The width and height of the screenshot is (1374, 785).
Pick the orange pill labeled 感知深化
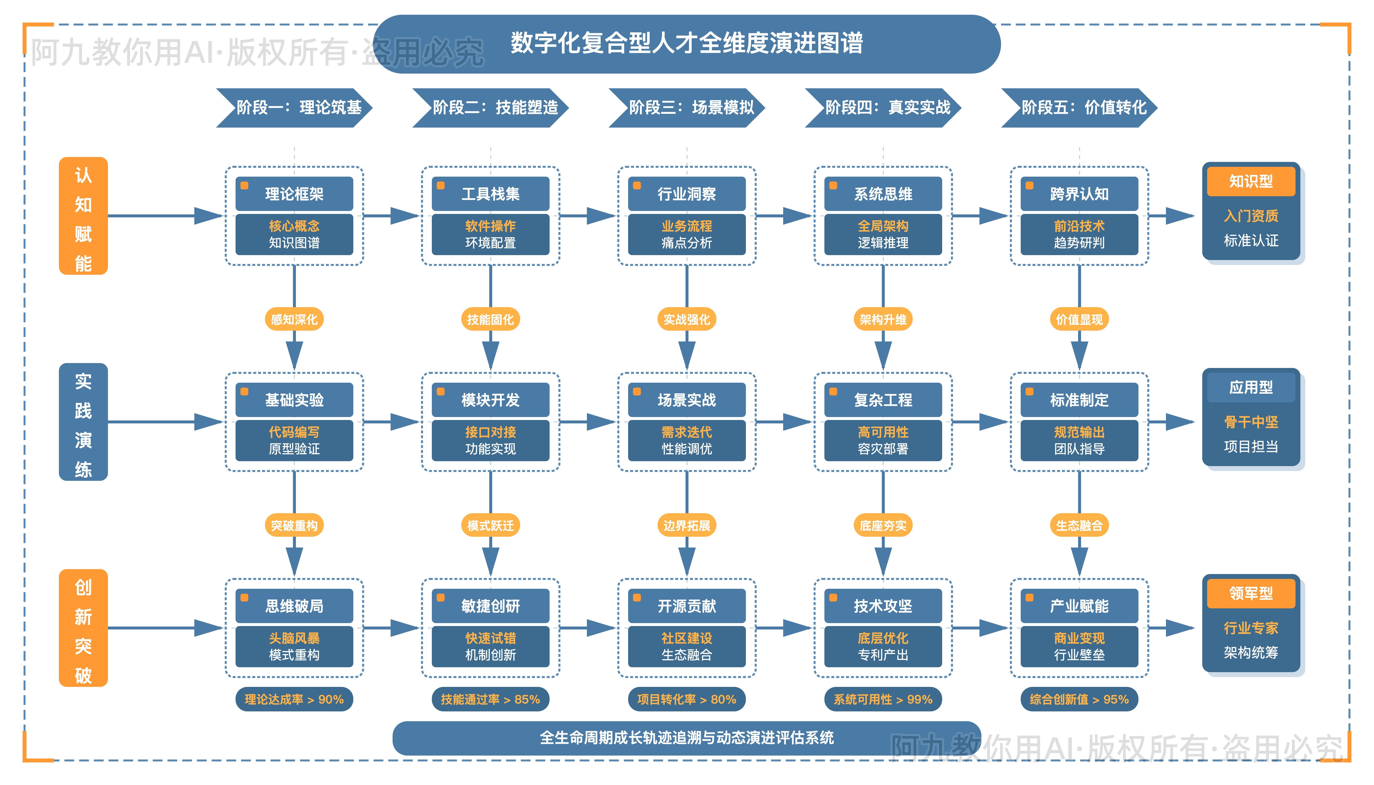[294, 320]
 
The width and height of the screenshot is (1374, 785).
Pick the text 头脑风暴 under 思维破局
[294, 638]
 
